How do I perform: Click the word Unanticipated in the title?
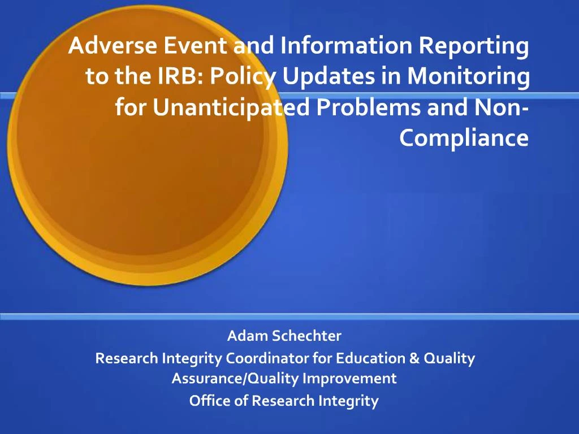pyautogui.click(x=232, y=107)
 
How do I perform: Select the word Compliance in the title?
pyautogui.click(x=464, y=137)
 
